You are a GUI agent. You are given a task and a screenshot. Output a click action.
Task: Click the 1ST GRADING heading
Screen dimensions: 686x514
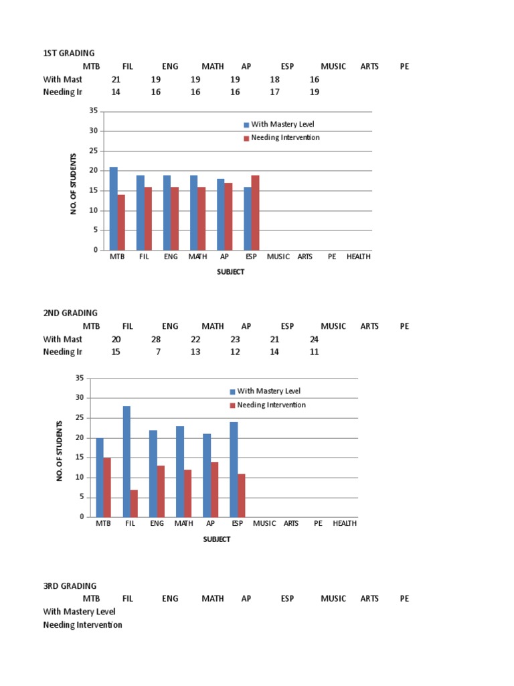point(69,53)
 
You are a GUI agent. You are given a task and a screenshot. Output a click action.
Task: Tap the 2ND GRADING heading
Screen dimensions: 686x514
point(70,313)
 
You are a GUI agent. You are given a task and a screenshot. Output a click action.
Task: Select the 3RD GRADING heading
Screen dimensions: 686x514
point(70,586)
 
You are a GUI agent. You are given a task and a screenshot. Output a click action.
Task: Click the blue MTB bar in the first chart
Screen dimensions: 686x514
point(114,208)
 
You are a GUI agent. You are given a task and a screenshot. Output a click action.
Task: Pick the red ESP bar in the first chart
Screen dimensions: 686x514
point(255,212)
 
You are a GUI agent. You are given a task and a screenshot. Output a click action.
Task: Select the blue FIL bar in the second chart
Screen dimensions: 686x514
point(126,462)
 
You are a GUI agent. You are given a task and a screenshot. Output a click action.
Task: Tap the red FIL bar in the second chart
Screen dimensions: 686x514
point(134,503)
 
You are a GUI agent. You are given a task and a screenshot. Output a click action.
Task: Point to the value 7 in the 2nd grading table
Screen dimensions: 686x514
point(158,352)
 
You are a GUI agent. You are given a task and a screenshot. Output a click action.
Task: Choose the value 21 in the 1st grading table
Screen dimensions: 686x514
point(116,79)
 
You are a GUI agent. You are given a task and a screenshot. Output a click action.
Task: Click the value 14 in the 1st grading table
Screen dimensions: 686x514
point(116,92)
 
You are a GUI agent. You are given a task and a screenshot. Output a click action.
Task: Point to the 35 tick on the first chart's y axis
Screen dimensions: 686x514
point(94,111)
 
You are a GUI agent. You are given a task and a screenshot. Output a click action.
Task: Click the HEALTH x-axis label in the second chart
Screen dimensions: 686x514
point(345,524)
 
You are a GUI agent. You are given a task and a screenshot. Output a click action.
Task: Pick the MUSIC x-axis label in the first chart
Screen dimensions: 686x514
point(278,257)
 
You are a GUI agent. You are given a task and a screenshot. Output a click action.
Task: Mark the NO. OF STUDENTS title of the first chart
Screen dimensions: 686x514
point(74,184)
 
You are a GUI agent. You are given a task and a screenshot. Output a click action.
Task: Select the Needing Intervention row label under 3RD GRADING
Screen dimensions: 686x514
point(82,625)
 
